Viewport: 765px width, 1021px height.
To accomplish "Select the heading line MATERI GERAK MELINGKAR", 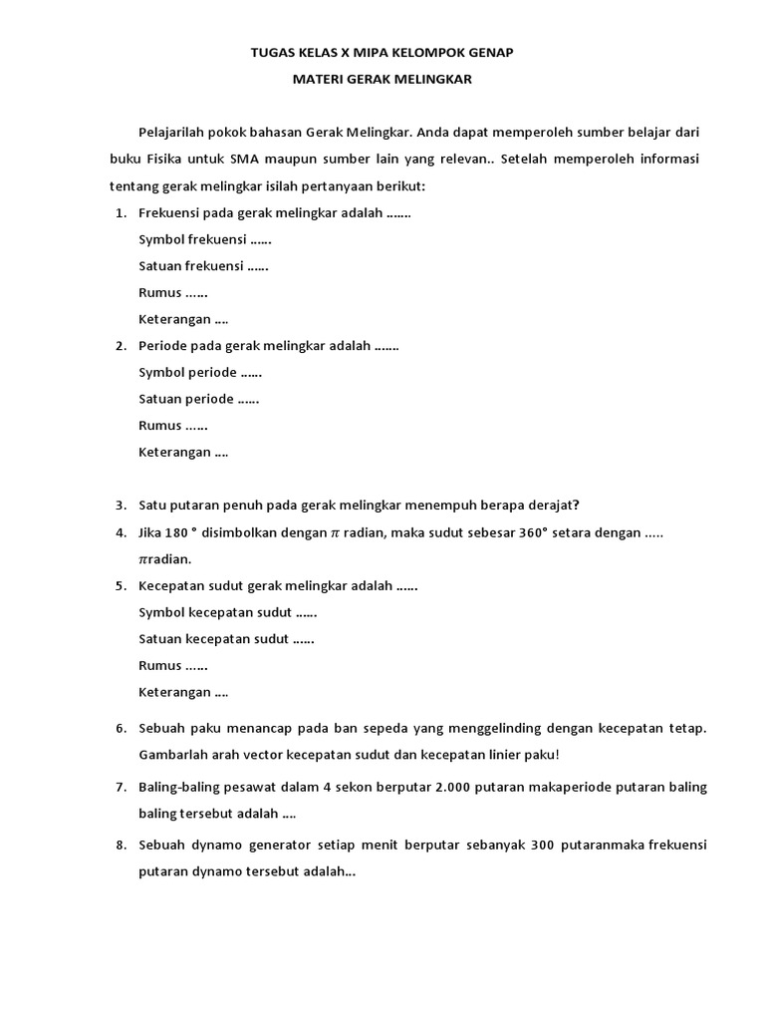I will pyautogui.click(x=382, y=80).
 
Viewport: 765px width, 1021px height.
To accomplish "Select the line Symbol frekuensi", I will pyautogui.click(x=205, y=239).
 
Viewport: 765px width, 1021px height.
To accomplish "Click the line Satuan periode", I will pyautogui.click(x=199, y=399).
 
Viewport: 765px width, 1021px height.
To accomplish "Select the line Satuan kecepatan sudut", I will pyautogui.click(x=227, y=638).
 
